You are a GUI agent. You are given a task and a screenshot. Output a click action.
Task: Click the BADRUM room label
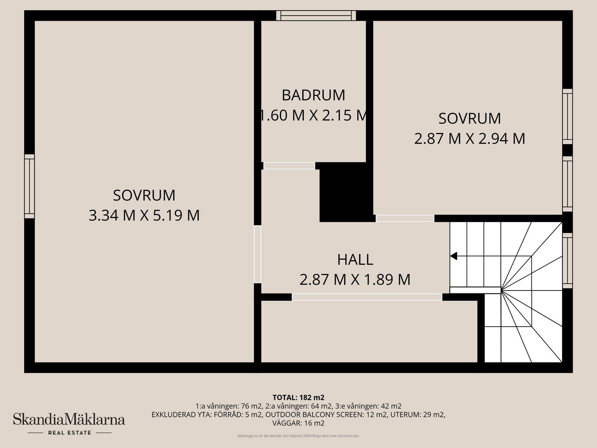tap(313, 95)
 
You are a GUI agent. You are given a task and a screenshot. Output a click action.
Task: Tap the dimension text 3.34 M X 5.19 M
tap(144, 215)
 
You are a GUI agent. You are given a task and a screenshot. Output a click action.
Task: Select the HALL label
tap(355, 260)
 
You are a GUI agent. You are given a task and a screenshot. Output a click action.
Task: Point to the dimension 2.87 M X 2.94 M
tap(470, 139)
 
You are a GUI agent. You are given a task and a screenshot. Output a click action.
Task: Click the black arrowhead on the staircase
tap(454, 256)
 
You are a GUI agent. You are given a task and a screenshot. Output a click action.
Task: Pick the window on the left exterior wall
tap(30, 186)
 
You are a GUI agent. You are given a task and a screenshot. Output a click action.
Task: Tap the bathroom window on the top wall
tap(316, 16)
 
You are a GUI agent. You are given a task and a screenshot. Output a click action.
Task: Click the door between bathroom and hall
tap(289, 166)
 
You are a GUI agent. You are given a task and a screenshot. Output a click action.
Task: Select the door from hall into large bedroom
tap(257, 254)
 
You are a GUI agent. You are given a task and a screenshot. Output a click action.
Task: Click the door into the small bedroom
tap(405, 218)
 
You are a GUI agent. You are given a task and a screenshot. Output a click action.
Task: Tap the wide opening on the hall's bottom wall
tap(367, 297)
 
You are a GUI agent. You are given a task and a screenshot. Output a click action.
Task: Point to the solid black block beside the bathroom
tap(346, 192)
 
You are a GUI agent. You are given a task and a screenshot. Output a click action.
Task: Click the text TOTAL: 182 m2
tap(298, 397)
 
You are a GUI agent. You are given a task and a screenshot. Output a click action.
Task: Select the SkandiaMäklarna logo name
tap(69, 419)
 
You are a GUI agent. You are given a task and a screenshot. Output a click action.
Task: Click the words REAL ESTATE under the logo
tap(69, 433)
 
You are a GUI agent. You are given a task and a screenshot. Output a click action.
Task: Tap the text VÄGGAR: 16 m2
tap(298, 423)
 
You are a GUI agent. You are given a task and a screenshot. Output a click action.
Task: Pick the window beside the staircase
tap(567, 260)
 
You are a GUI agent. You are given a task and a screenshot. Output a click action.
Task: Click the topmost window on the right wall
tap(567, 116)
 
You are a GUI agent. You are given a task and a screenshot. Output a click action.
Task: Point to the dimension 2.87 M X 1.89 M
tap(355, 279)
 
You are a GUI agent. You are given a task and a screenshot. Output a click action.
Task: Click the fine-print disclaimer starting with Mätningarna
tap(298, 436)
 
